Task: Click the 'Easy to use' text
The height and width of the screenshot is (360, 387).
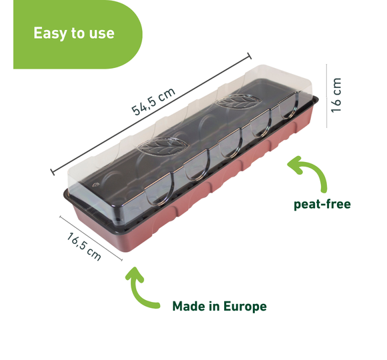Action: coord(74,33)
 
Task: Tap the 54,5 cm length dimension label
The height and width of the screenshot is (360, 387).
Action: coord(153,101)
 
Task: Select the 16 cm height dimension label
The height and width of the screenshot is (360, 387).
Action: coord(336,95)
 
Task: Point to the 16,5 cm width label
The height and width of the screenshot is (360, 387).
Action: coord(83,247)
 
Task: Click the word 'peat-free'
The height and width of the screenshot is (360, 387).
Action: coord(322,204)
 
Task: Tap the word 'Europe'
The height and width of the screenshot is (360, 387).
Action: coord(245,307)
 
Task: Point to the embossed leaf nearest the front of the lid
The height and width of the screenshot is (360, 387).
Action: coord(163,147)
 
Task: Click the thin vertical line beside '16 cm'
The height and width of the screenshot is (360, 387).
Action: coord(326,96)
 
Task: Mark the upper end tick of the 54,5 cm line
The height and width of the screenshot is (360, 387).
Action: coord(250,56)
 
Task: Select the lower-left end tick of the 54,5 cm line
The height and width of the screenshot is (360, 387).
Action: coord(52,172)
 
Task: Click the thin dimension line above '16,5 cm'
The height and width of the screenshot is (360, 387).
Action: coord(91,238)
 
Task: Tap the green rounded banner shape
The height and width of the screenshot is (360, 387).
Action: coord(78,34)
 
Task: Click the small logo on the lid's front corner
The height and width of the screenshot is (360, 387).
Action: coord(95,185)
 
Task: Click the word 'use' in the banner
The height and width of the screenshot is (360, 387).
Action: coord(101,34)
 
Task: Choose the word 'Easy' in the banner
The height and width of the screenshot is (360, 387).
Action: coord(50,34)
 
